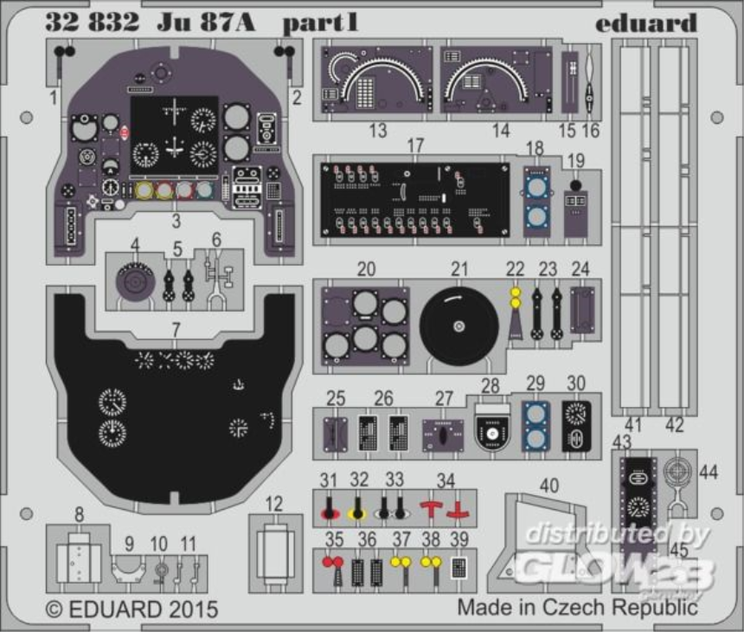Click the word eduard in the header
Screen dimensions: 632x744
pyautogui.click(x=645, y=23)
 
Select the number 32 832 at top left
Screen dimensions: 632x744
pyautogui.click(x=92, y=23)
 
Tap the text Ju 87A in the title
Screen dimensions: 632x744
pyautogui.click(x=206, y=23)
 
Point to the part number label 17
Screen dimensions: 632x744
pyautogui.click(x=415, y=145)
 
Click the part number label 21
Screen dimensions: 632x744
pyautogui.click(x=459, y=269)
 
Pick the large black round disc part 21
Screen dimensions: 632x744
pyautogui.click(x=459, y=326)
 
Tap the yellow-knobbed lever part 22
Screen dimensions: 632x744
pyautogui.click(x=516, y=312)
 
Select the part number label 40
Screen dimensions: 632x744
pyautogui.click(x=549, y=486)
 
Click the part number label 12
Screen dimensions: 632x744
pyautogui.click(x=273, y=504)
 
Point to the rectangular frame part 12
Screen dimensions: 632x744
pyautogui.click(x=275, y=553)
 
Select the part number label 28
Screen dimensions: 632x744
pyautogui.click(x=491, y=385)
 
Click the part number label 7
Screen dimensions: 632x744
pyautogui.click(x=176, y=329)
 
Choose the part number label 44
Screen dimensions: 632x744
pyautogui.click(x=709, y=472)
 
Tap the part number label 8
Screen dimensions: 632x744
pyautogui.click(x=79, y=516)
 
